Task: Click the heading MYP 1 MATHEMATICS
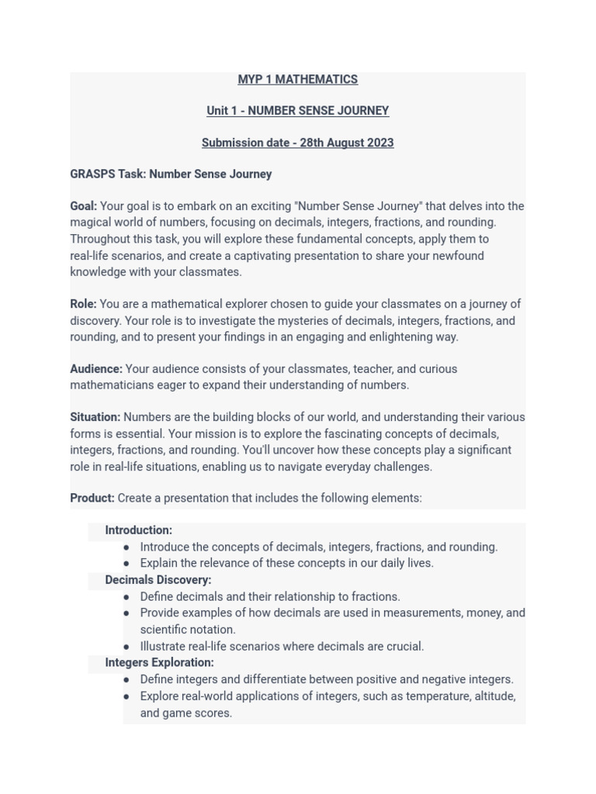point(297,79)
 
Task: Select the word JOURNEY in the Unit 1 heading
point(363,111)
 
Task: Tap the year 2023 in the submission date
point(379,143)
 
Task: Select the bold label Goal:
point(84,206)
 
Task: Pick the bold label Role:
point(84,304)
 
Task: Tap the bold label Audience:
point(96,369)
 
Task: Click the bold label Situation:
point(95,417)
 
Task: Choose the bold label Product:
point(92,498)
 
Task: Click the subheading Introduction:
point(138,530)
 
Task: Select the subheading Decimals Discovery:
point(158,580)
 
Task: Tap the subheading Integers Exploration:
point(159,662)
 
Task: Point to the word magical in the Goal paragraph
point(91,223)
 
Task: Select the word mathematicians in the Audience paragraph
point(109,385)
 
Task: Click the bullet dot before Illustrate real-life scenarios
point(126,647)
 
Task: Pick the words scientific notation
point(187,630)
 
